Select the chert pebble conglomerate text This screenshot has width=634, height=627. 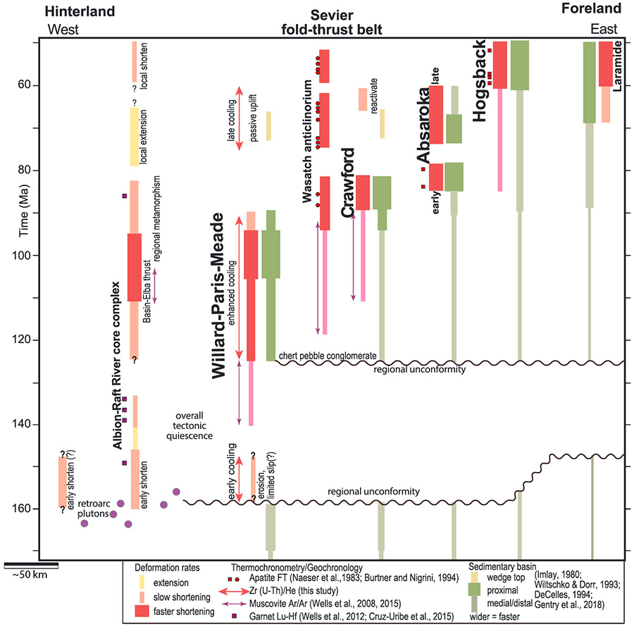point(328,356)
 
